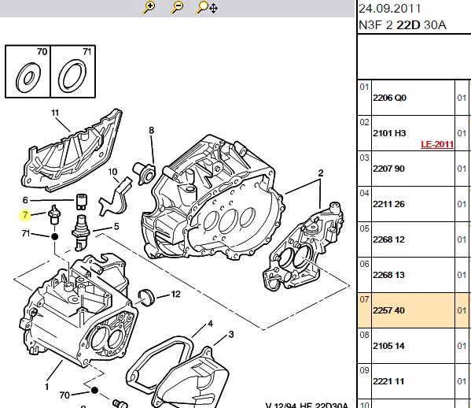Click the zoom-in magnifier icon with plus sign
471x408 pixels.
pos(149,7)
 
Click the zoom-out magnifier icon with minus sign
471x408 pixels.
pos(177,7)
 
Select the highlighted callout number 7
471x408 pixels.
pos(25,215)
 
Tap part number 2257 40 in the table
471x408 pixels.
pos(388,310)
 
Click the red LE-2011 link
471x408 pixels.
pos(437,144)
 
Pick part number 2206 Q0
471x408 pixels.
pos(389,98)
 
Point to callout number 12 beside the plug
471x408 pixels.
pos(175,294)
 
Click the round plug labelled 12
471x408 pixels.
pos(147,298)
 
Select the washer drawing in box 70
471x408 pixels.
pos(28,78)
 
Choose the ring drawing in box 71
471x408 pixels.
pos(72,76)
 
